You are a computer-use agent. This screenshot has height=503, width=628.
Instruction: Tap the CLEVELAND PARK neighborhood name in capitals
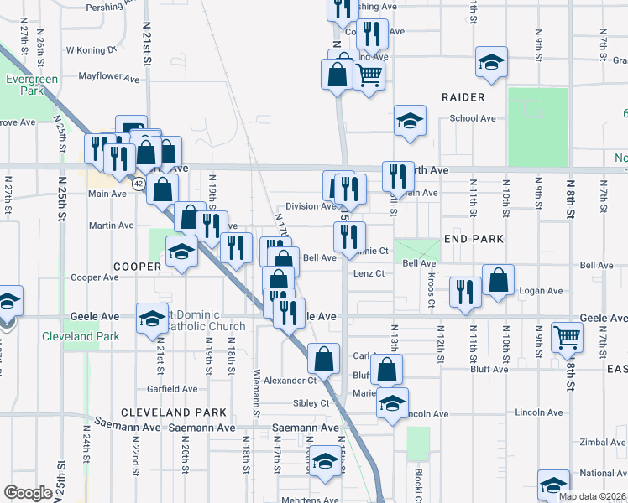point(173,412)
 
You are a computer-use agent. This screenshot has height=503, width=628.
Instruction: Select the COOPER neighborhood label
point(137,267)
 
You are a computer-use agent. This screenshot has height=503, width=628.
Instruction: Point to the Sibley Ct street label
point(312,403)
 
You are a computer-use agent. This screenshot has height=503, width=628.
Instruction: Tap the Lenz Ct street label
point(368,273)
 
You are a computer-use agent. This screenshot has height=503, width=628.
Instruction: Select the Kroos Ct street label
point(431,288)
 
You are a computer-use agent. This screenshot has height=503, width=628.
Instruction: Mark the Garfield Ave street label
point(171,389)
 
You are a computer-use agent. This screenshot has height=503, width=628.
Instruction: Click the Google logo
point(29,493)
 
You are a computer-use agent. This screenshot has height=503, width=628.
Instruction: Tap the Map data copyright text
point(591,496)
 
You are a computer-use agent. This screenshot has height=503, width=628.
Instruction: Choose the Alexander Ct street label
point(288,381)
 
